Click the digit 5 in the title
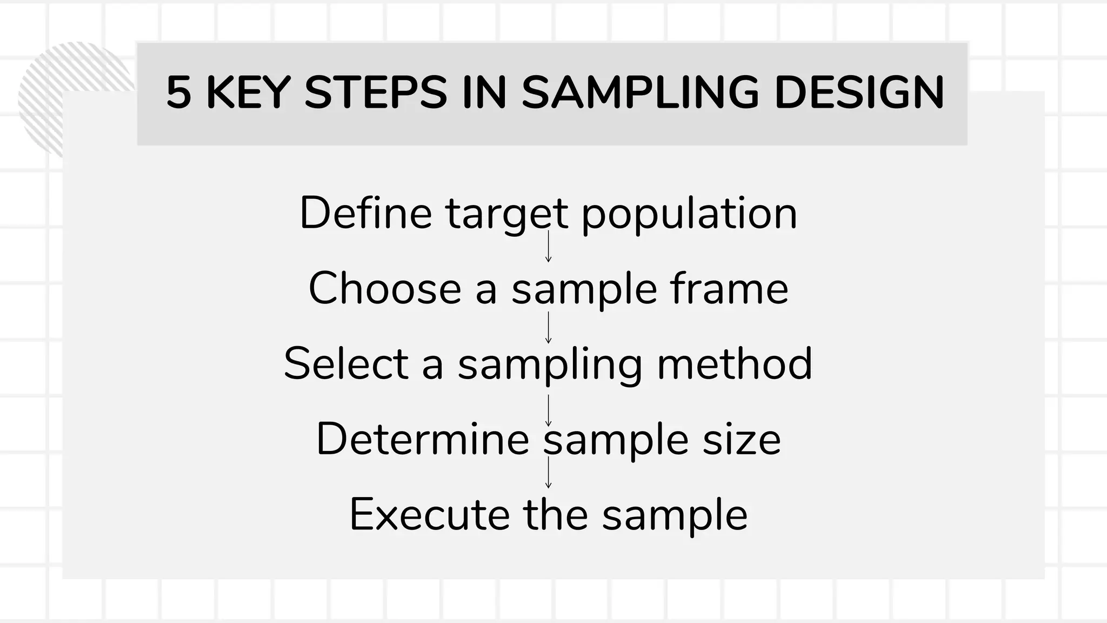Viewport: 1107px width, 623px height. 178,92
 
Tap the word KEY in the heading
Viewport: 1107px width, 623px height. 248,92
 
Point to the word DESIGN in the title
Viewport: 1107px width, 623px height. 859,92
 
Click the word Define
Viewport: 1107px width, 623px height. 365,213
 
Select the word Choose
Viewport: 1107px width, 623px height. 384,288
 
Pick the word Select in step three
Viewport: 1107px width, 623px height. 345,363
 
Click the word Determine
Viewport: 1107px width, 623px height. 422,439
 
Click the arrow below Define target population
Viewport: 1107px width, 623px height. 548,247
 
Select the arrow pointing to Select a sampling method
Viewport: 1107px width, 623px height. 548,328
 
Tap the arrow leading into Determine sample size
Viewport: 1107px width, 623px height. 548,411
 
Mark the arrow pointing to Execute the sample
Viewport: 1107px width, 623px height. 548,473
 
